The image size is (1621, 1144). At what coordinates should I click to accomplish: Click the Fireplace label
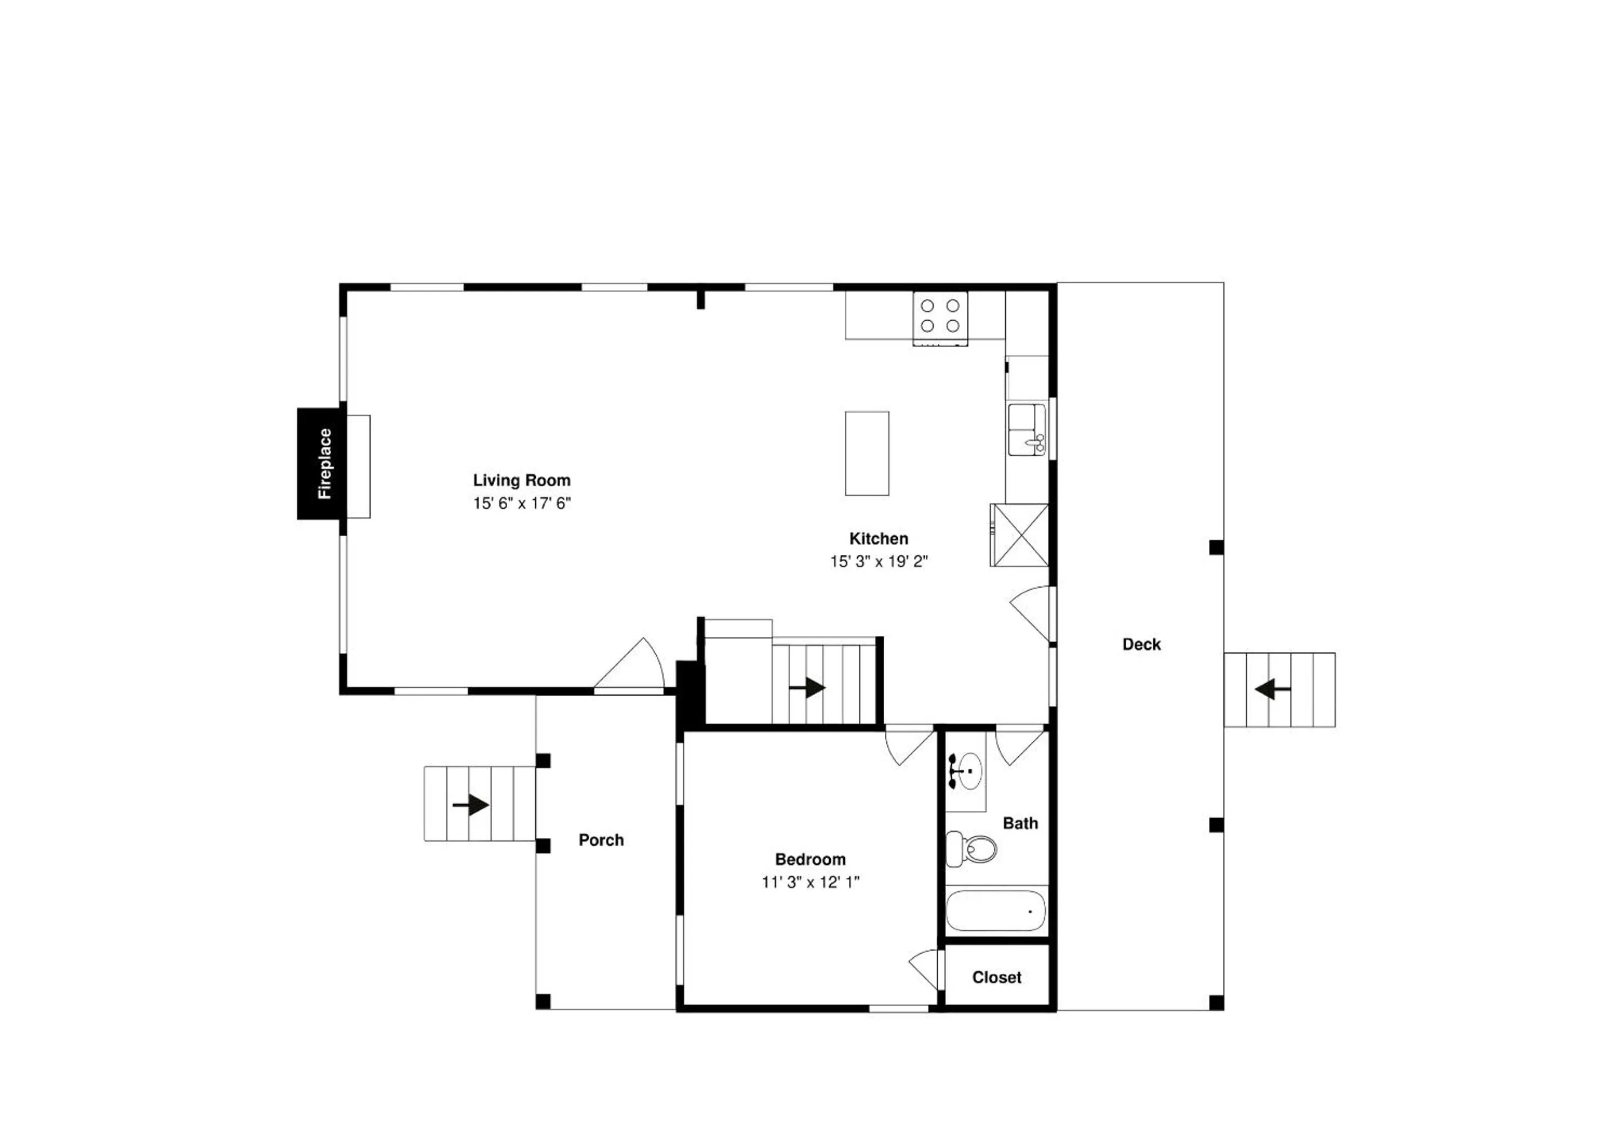[325, 464]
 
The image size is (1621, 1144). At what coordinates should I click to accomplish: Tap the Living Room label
[522, 481]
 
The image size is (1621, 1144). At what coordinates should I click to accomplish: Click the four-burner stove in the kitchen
[940, 318]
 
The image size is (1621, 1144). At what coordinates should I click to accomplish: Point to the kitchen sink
[1027, 430]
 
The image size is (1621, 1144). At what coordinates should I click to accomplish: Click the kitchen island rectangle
[867, 453]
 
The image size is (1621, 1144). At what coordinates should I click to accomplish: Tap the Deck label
[1141, 644]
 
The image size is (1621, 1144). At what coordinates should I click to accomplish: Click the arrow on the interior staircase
[807, 688]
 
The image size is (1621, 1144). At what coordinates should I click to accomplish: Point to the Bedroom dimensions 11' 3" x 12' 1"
[810, 882]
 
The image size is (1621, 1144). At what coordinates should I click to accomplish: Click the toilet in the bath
[971, 849]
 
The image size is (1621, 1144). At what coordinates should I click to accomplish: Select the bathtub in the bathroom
[996, 910]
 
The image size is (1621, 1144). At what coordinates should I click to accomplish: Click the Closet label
[996, 977]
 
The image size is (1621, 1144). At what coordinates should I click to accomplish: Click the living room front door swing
[629, 663]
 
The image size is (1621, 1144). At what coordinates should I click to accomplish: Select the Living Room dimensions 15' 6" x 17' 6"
[522, 503]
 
